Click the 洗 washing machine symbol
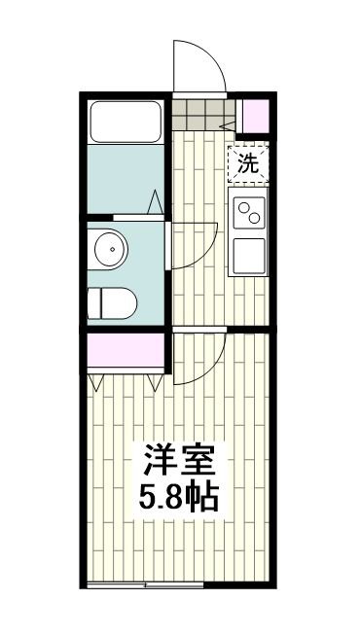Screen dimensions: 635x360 (x=248, y=163)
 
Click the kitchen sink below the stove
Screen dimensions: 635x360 (x=249, y=256)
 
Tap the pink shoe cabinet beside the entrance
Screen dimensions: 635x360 (x=255, y=118)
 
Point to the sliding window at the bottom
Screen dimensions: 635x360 (x=146, y=584)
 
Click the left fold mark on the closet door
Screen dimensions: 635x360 (x=96, y=382)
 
